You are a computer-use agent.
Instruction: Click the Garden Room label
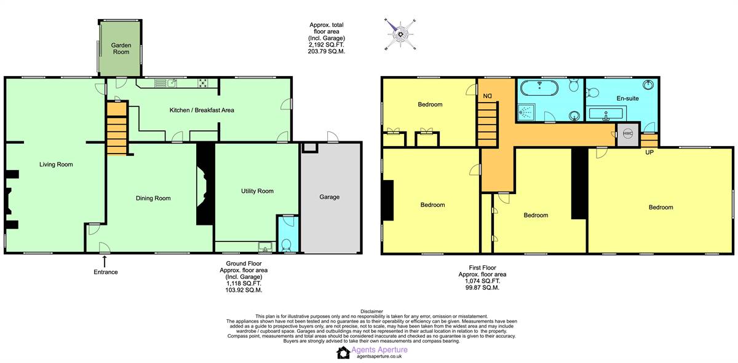pyautogui.click(x=121, y=49)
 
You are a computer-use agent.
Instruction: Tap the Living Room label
pyautogui.click(x=56, y=164)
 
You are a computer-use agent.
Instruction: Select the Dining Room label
pyautogui.click(x=153, y=198)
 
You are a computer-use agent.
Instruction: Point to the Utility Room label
pyautogui.click(x=257, y=191)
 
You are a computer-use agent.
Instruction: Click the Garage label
pyautogui.click(x=330, y=197)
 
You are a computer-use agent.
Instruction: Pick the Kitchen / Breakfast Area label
pyautogui.click(x=202, y=110)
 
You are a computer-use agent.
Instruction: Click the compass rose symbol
pyautogui.click(x=400, y=34)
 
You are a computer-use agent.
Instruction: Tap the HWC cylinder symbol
pyautogui.click(x=628, y=134)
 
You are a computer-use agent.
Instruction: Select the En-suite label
pyautogui.click(x=628, y=98)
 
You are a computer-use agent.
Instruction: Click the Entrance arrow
pyautogui.click(x=105, y=262)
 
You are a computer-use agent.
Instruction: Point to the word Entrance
pyautogui.click(x=105, y=272)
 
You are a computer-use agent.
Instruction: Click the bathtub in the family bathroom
pyautogui.click(x=539, y=88)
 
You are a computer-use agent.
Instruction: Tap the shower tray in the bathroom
pyautogui.click(x=527, y=112)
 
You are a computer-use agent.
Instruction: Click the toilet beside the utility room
pyautogui.click(x=285, y=245)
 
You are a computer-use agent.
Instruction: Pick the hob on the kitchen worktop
pyautogui.click(x=202, y=83)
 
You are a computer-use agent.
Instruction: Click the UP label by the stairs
pyautogui.click(x=649, y=152)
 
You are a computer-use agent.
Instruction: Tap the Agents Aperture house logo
pyautogui.click(x=343, y=353)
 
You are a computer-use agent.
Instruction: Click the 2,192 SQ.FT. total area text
pyautogui.click(x=326, y=45)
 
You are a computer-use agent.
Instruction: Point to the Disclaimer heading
pyautogui.click(x=371, y=311)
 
